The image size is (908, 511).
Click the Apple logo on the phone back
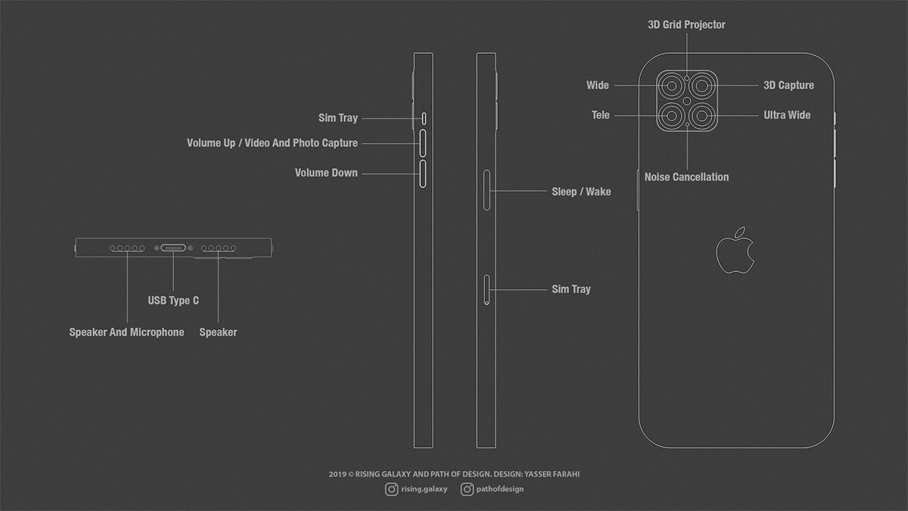(x=735, y=251)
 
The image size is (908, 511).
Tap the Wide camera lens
(x=671, y=86)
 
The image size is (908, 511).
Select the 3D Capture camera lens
(x=701, y=86)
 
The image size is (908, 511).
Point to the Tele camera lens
(x=671, y=116)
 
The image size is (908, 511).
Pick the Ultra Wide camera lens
(x=701, y=116)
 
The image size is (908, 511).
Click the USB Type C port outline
(x=173, y=248)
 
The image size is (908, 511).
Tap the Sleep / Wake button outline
(x=487, y=190)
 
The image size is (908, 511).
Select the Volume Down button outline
(x=422, y=173)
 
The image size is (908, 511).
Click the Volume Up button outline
(x=422, y=143)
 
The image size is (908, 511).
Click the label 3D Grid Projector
(x=687, y=25)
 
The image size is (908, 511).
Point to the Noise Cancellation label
(x=687, y=177)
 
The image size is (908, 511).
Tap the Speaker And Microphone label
(x=126, y=332)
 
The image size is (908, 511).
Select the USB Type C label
(x=173, y=301)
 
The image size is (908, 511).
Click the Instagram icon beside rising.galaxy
(x=391, y=489)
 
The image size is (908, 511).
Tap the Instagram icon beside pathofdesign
(x=467, y=489)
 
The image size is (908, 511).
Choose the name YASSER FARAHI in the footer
(x=552, y=474)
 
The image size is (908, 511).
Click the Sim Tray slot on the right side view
(x=487, y=289)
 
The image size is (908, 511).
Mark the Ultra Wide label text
(x=787, y=115)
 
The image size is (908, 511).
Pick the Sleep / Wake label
(x=581, y=192)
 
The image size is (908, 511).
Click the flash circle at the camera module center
(x=687, y=101)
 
